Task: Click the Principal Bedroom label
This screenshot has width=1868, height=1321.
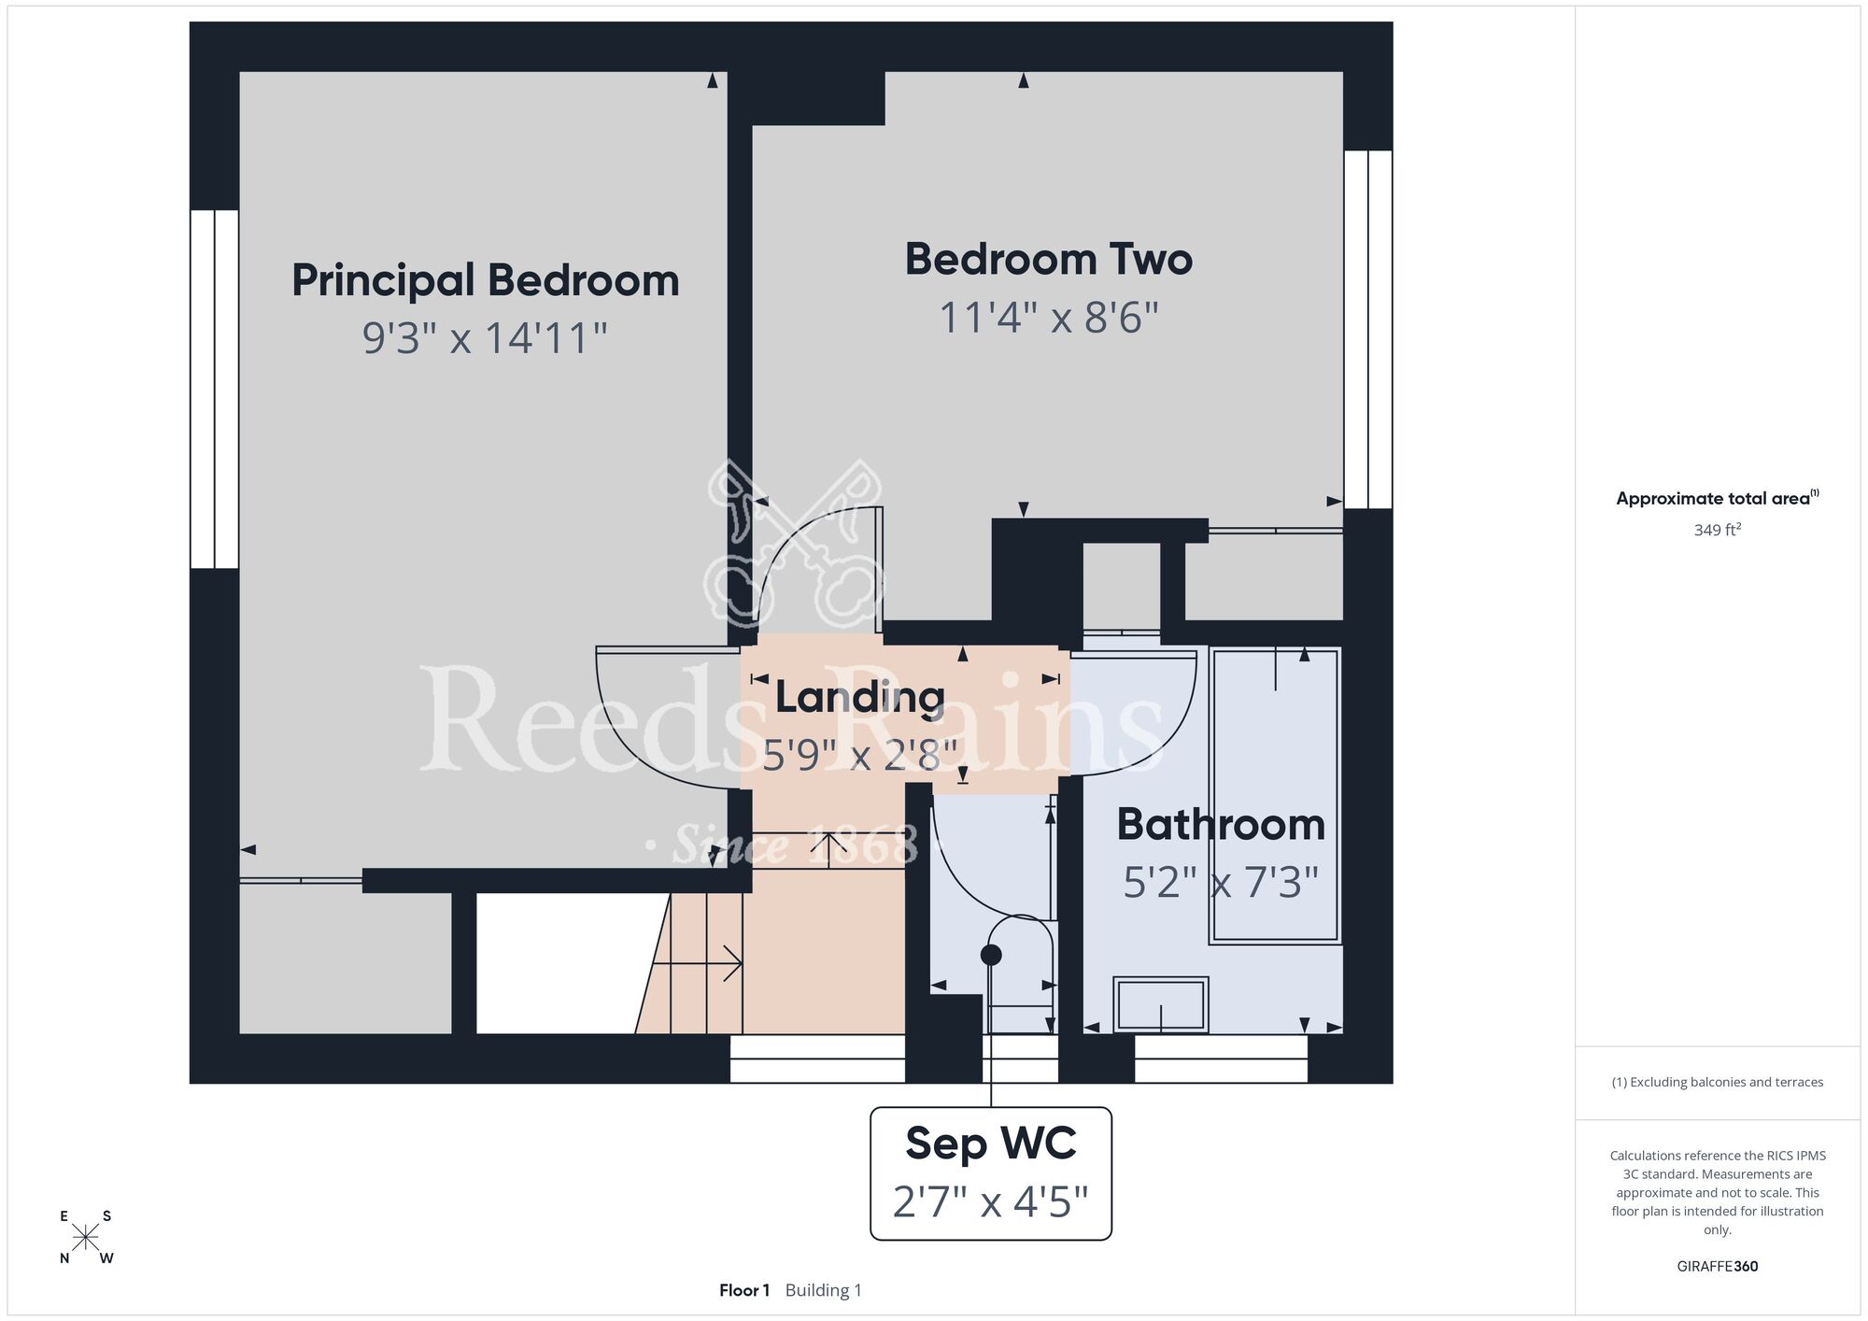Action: [x=486, y=280]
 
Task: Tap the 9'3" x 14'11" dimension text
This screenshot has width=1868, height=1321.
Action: [x=486, y=337]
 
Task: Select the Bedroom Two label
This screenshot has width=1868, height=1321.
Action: [x=1049, y=259]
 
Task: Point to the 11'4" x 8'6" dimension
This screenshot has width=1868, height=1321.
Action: [x=1049, y=317]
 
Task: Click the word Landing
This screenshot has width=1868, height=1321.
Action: [x=860, y=697]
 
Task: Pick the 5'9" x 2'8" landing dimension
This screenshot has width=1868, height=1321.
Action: [x=860, y=754]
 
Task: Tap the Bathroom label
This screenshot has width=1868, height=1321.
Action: [x=1221, y=824]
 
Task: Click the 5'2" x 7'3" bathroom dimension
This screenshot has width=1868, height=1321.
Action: [x=1221, y=881]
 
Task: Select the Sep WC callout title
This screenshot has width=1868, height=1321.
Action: [x=991, y=1143]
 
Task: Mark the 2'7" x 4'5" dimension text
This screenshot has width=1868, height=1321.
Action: [x=991, y=1201]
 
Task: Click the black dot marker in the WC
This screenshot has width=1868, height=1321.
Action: [x=991, y=955]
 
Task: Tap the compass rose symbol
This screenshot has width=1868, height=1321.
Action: [x=86, y=1238]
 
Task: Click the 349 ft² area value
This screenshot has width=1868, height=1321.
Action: [x=1718, y=530]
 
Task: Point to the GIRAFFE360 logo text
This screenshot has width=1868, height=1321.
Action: [x=1718, y=1267]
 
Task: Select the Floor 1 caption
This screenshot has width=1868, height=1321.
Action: [x=744, y=1290]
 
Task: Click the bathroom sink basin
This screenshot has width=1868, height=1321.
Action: [x=1161, y=1004]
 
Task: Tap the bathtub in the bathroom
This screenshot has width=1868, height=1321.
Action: [x=1275, y=795]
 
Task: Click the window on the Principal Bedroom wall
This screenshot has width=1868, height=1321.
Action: [x=215, y=389]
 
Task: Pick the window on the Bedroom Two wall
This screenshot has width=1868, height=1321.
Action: [x=1368, y=329]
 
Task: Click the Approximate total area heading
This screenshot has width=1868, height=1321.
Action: [x=1718, y=498]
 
